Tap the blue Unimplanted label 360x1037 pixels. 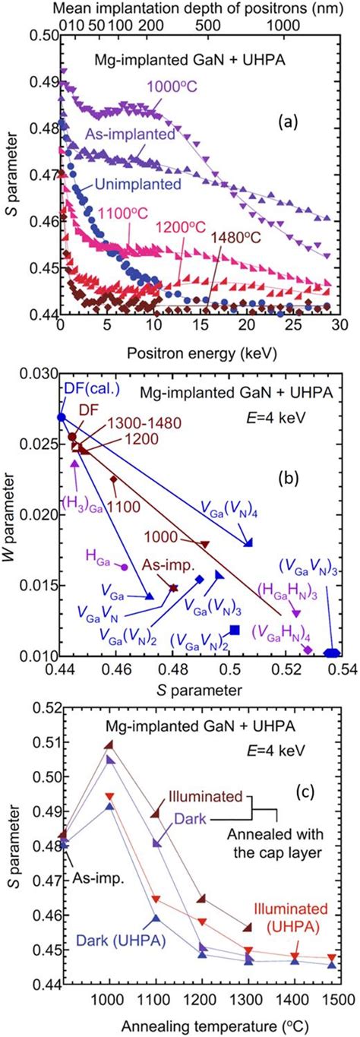point(133,183)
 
